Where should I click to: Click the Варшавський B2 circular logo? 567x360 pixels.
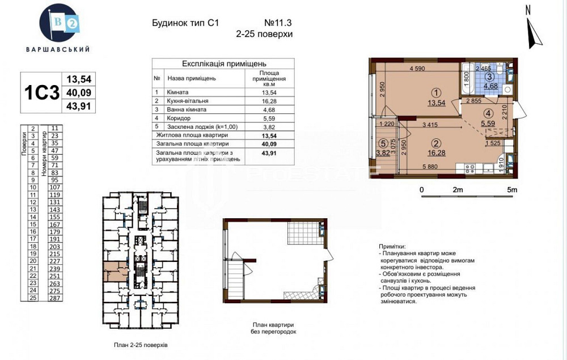[x=58, y=22]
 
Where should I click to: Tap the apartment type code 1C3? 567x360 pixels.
[x=41, y=93]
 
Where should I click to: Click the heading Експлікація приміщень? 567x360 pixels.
[x=223, y=64]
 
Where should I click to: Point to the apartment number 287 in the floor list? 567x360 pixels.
[x=54, y=298]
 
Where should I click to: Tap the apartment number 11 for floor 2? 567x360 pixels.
[x=54, y=129]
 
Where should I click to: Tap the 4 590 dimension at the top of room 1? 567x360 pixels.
[x=418, y=69]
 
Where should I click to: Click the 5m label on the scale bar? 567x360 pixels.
[x=511, y=190]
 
